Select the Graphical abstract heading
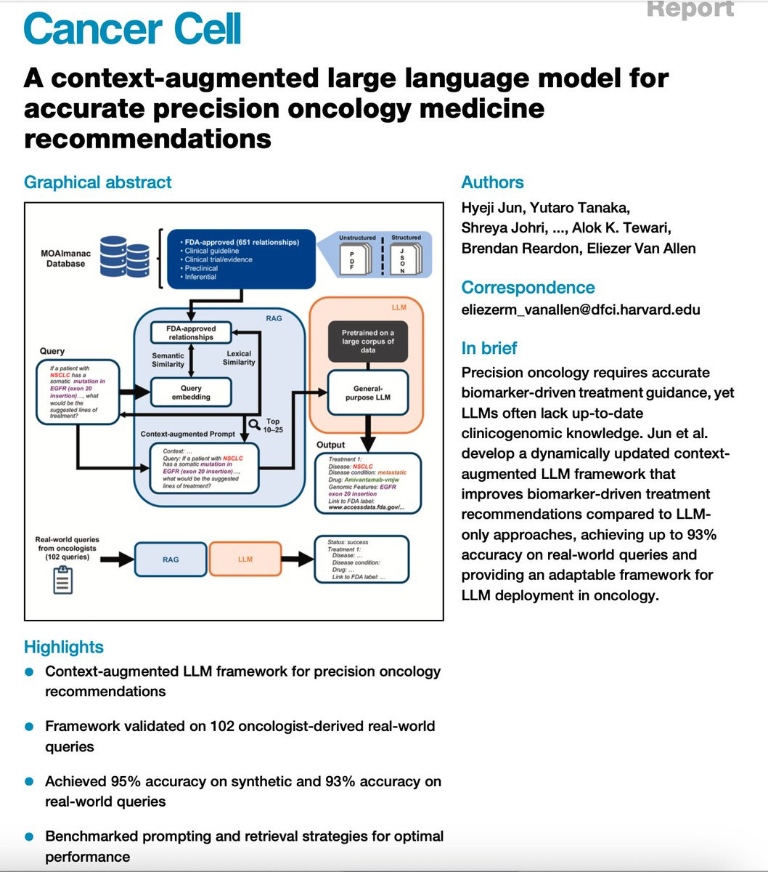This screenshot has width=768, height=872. [x=98, y=182]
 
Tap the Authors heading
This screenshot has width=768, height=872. [x=492, y=182]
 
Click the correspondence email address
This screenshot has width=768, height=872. [x=581, y=310]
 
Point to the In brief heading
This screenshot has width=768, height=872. [x=489, y=348]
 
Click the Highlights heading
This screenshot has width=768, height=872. [x=64, y=647]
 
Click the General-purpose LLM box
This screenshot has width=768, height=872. [x=368, y=393]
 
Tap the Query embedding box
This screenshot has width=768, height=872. [x=191, y=393]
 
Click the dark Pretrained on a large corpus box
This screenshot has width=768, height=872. [x=367, y=341]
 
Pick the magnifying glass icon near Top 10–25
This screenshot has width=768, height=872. [x=255, y=424]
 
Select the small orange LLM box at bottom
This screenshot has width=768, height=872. [x=245, y=559]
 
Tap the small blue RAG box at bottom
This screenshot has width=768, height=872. [x=171, y=559]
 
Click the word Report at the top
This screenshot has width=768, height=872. [x=690, y=9]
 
